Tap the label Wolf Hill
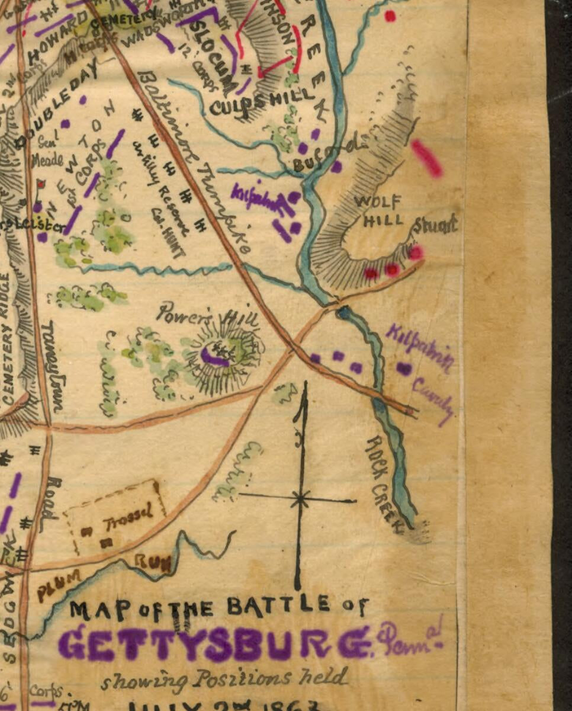[379, 211]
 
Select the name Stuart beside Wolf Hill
[435, 225]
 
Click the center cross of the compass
[301, 499]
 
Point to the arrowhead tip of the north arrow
[303, 385]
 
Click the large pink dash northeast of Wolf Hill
[427, 158]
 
